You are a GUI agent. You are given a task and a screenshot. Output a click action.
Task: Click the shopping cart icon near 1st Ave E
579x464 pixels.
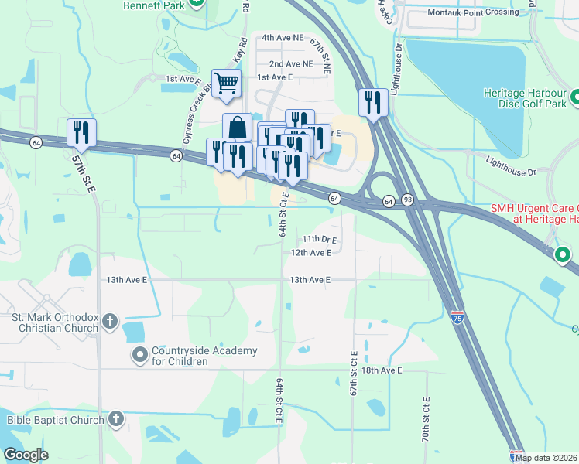click(x=226, y=82)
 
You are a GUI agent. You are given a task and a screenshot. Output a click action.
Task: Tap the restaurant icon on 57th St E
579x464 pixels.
click(x=81, y=132)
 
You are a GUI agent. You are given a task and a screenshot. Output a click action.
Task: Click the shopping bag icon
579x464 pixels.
click(x=238, y=127)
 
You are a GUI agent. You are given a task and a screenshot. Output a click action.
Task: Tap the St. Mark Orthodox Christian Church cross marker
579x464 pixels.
click(x=110, y=321)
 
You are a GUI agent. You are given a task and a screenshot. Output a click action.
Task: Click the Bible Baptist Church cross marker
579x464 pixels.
click(x=115, y=420)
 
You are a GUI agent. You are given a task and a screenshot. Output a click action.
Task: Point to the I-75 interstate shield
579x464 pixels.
click(x=457, y=318)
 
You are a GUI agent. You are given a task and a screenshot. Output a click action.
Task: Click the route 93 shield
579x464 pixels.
click(x=407, y=201)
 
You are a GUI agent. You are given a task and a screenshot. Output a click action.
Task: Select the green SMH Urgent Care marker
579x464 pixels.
click(x=564, y=254)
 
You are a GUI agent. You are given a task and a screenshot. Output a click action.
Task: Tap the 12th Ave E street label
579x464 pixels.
click(x=311, y=253)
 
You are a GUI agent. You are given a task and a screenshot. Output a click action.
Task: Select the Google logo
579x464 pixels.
click(x=26, y=455)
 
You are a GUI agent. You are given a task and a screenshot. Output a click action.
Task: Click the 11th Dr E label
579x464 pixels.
click(x=320, y=240)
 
